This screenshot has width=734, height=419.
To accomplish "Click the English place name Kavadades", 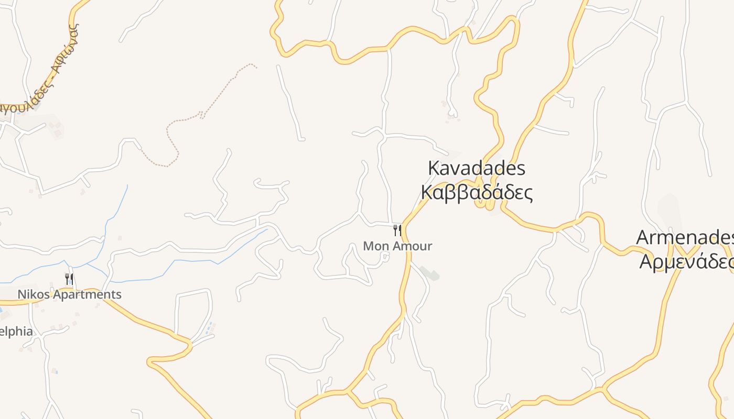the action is click(x=476, y=169).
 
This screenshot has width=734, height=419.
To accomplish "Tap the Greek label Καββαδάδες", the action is click(x=477, y=193).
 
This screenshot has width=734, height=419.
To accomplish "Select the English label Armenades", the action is click(x=684, y=237).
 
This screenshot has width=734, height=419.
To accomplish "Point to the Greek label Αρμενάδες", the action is click(x=686, y=261).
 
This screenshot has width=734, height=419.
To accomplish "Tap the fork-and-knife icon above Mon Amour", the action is click(x=397, y=230).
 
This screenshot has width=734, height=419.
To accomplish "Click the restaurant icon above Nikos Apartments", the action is click(x=69, y=278).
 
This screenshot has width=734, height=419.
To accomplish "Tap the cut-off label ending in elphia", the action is click(x=16, y=332).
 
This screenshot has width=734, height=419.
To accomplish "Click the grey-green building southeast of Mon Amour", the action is click(x=429, y=273).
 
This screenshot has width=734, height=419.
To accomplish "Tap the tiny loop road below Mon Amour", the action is click(x=385, y=256).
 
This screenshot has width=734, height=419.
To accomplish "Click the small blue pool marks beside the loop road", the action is click(x=211, y=328).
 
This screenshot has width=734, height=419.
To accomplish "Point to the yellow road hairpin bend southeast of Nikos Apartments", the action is click(x=152, y=361).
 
